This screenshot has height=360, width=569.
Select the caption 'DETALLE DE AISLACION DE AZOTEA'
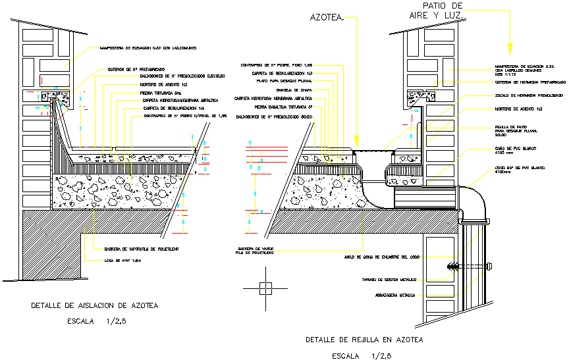(x=95, y=305)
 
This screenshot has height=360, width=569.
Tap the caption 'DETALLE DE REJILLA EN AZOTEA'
(x=364, y=340)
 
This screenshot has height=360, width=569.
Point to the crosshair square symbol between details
(x=265, y=288)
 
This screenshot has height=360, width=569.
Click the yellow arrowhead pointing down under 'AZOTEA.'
(x=356, y=140)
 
